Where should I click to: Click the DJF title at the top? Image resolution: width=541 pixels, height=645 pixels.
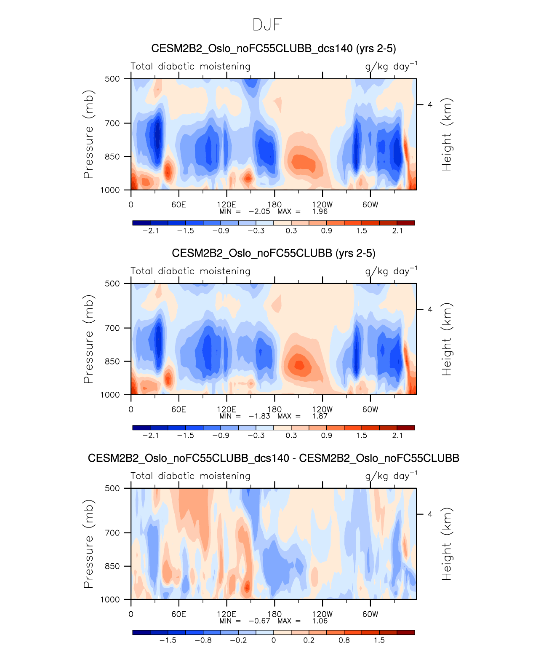point(267,25)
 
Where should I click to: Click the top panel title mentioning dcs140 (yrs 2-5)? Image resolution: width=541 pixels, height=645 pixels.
point(273,48)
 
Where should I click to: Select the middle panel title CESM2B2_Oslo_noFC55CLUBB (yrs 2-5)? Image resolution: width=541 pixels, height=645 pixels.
point(273,253)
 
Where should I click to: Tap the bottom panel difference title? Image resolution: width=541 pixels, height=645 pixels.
point(273,458)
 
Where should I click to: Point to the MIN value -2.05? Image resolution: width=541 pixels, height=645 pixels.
point(259,211)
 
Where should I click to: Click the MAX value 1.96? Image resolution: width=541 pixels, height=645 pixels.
point(320,211)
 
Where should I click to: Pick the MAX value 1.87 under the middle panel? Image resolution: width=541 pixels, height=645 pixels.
point(320,416)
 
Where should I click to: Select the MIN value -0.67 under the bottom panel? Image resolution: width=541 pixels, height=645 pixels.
point(259,621)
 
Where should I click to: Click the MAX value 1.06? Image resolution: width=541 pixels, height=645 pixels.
point(320,621)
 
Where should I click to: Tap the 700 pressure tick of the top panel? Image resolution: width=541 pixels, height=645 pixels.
point(112,123)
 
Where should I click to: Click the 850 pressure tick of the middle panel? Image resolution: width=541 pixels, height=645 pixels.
point(112,361)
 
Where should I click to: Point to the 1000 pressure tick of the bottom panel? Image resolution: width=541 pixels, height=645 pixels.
point(110,600)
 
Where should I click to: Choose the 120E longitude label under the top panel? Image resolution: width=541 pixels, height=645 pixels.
point(227,205)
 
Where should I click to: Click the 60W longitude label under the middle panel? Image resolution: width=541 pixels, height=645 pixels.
point(370,409)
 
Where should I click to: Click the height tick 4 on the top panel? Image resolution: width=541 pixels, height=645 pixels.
point(430,104)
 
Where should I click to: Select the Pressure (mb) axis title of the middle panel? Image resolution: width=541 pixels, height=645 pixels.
point(88,339)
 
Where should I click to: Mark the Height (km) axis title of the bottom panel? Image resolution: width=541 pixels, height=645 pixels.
point(446,544)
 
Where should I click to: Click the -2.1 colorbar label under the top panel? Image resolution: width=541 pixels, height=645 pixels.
point(150,230)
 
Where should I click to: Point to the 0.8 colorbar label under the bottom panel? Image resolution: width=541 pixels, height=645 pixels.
point(344,640)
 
